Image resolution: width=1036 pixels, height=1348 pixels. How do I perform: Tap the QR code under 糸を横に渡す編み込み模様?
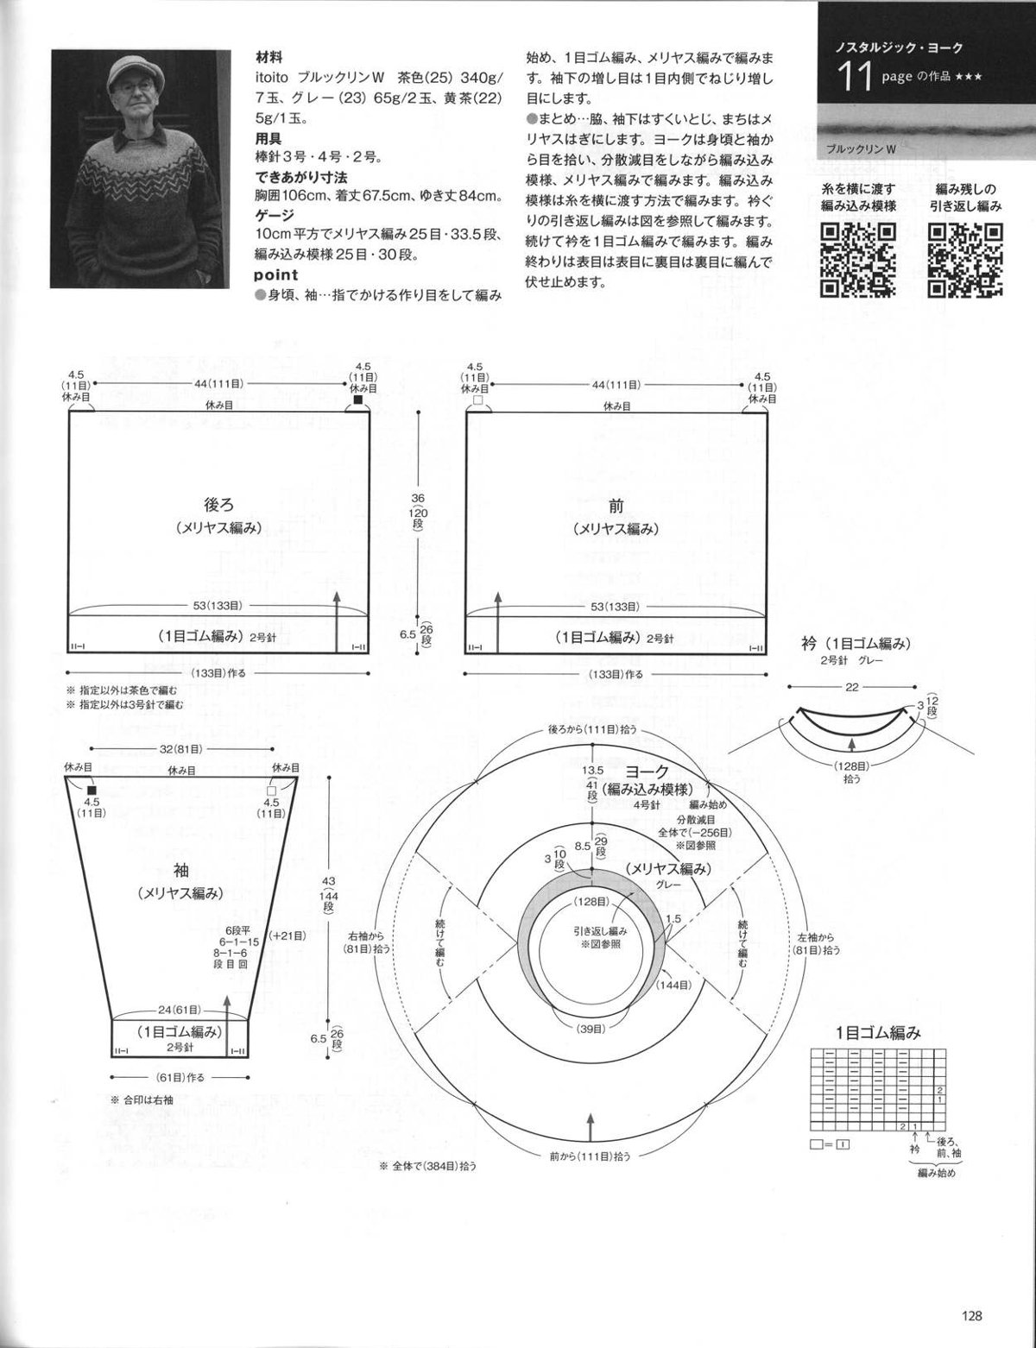858,259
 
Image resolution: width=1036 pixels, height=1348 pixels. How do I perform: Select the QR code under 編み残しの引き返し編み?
966,259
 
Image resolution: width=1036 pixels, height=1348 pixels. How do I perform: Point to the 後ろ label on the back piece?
219,504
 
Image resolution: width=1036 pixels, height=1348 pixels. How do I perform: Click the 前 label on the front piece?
616,506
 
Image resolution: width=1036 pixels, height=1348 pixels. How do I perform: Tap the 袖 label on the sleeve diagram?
180,871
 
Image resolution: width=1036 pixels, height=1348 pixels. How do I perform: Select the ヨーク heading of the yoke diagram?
647,771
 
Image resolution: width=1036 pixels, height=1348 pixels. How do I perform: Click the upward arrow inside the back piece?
337,621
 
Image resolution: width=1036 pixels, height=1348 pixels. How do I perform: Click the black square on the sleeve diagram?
92,791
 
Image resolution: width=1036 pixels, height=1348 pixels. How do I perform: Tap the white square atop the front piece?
477,400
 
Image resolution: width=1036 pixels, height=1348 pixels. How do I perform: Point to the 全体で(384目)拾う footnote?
429,1166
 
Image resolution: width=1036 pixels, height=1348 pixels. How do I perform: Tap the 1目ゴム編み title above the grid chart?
878,1033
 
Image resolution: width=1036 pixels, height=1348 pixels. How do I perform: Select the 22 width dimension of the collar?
852,687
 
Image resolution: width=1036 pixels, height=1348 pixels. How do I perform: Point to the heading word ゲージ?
275,215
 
